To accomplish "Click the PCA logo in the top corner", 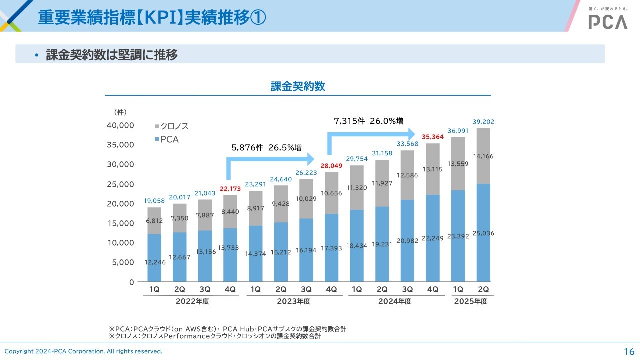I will click(x=608, y=21).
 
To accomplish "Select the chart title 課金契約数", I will click(x=298, y=86).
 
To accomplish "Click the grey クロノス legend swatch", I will click(x=157, y=127).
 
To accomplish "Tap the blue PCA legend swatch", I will click(x=157, y=139).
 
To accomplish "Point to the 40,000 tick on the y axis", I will click(x=120, y=125).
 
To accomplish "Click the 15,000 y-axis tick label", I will click(x=120, y=223).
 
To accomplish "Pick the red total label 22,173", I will click(x=230, y=189).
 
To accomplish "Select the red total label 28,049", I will click(x=331, y=165).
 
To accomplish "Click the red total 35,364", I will click(x=432, y=136).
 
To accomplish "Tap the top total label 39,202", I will click(x=483, y=121).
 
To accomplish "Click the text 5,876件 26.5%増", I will click(x=266, y=148).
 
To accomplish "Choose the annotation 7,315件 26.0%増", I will click(x=368, y=121).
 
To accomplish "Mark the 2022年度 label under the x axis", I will click(x=192, y=301).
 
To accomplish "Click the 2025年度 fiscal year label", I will click(x=470, y=301).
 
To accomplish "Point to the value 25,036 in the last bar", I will click(x=483, y=233).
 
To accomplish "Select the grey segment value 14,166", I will click(x=483, y=156).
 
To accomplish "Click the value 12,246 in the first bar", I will click(x=154, y=262).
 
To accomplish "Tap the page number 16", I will click(x=629, y=351).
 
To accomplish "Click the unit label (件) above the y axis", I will click(x=120, y=112).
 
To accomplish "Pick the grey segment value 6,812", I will click(x=154, y=221).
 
